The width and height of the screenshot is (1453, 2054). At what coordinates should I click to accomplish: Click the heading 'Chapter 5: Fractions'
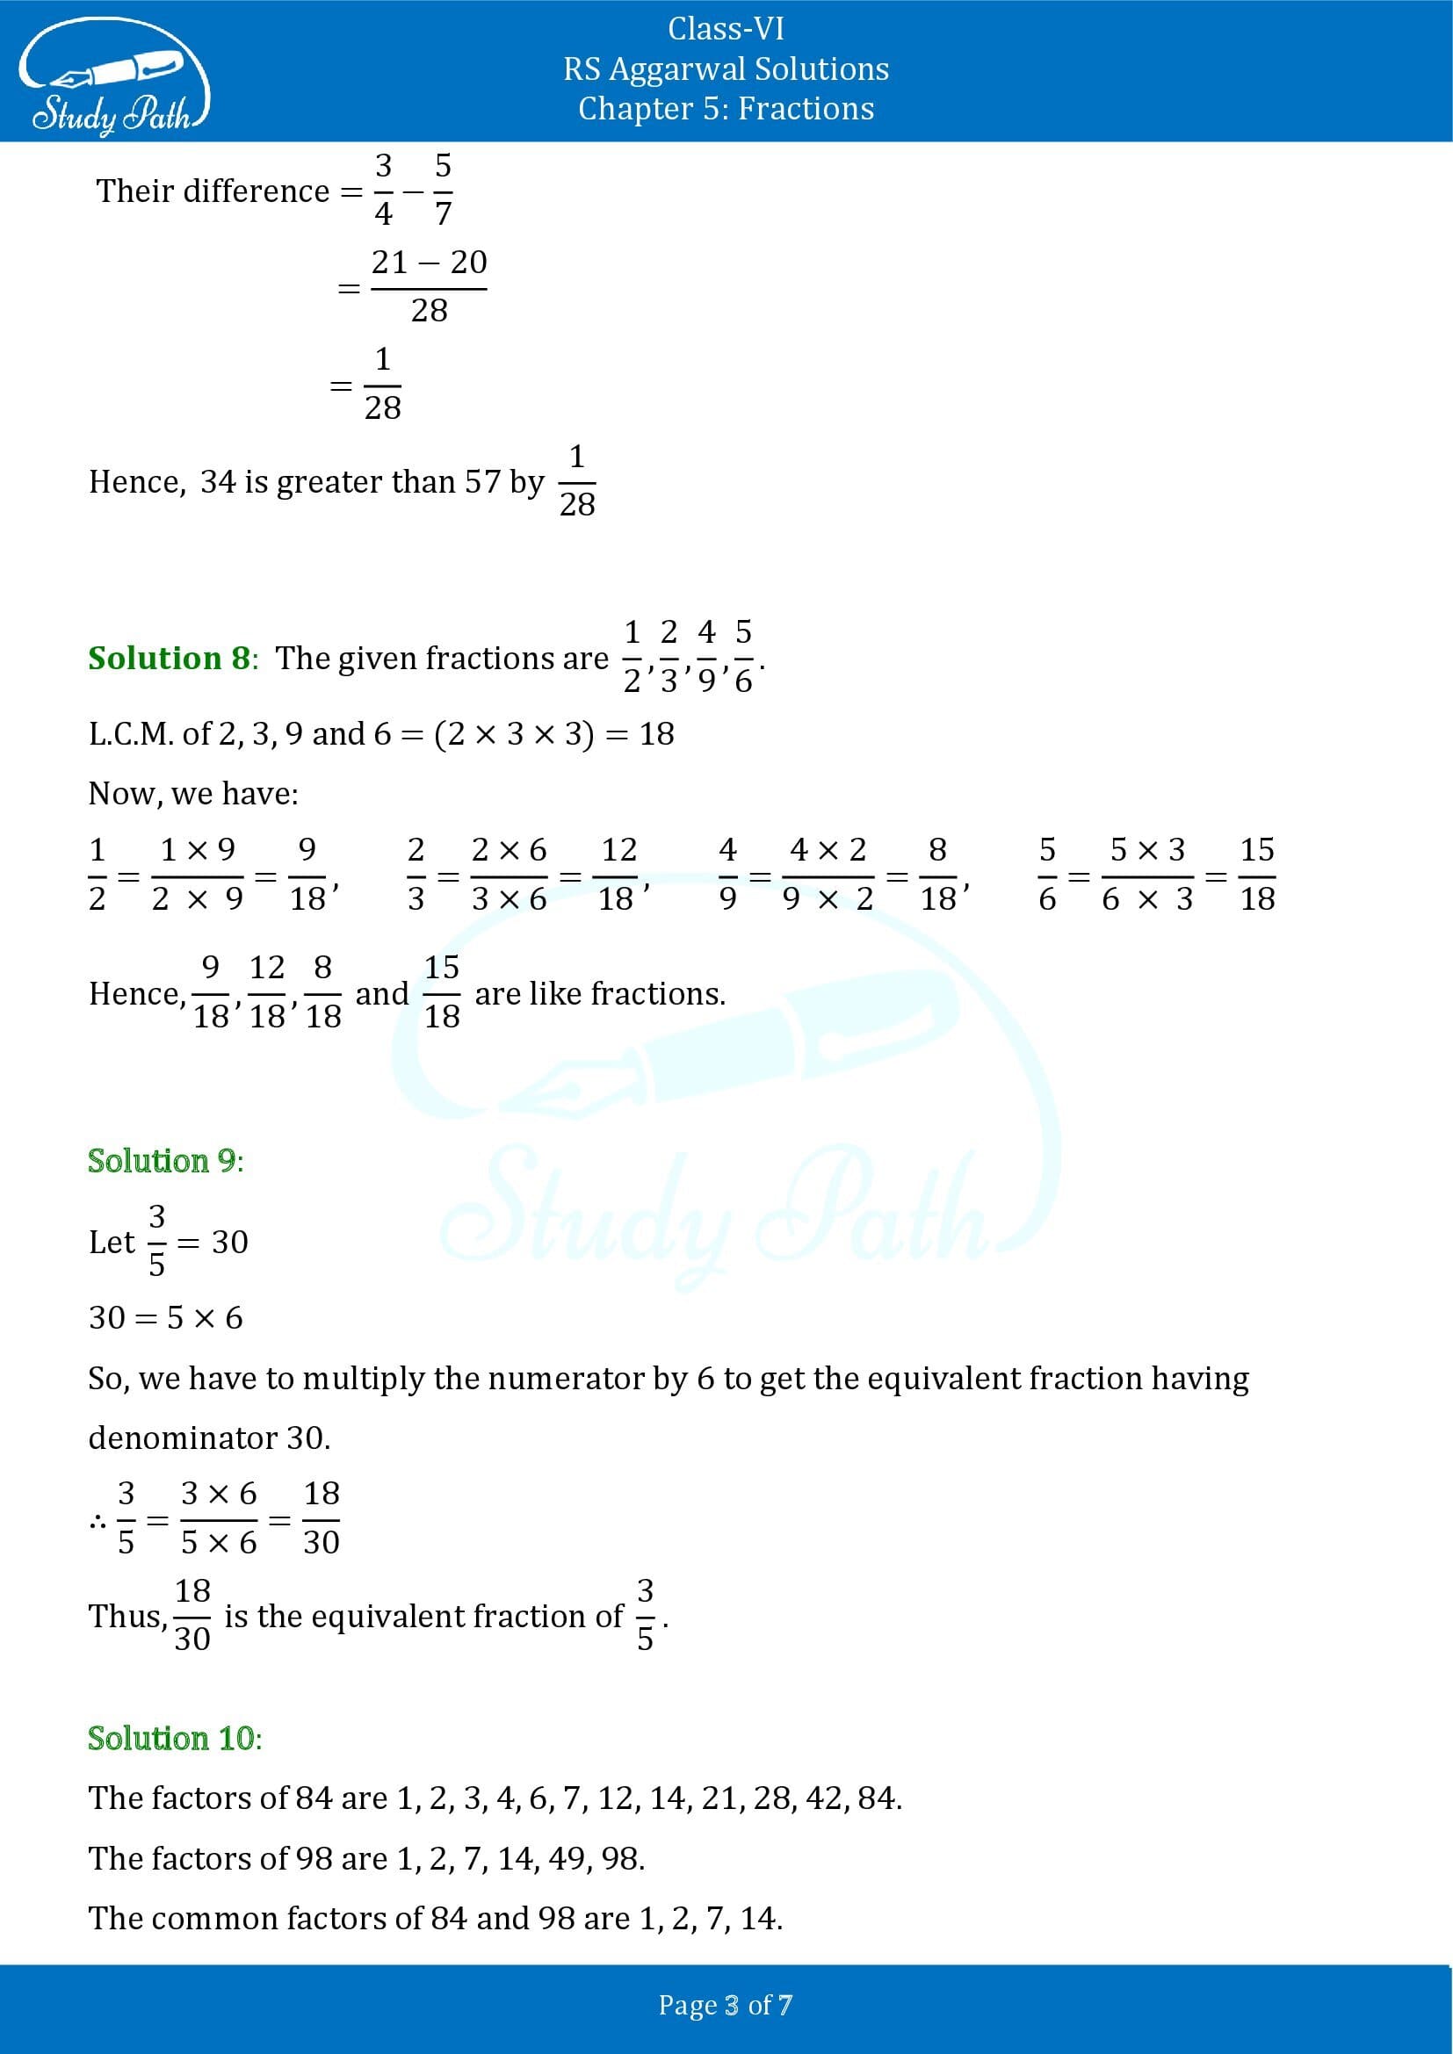click(x=726, y=109)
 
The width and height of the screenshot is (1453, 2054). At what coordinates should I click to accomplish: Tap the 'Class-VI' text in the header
click(x=726, y=29)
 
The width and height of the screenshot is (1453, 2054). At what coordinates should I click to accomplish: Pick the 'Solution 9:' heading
click(x=165, y=1160)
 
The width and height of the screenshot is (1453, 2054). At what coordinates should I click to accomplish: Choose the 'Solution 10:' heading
click(x=175, y=1737)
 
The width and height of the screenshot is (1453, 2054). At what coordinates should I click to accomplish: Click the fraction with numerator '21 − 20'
click(x=429, y=286)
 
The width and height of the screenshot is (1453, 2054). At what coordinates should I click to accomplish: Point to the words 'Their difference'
click(x=213, y=191)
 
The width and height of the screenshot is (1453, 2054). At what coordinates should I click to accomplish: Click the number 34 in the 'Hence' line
click(x=219, y=482)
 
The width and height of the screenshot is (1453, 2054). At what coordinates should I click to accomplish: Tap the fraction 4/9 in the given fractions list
click(x=707, y=656)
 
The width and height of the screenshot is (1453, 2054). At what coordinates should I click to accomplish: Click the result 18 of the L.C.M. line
click(x=657, y=734)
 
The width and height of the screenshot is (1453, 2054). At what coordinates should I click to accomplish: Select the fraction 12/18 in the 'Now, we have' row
click(x=618, y=874)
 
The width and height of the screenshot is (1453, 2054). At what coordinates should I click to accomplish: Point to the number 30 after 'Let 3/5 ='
click(x=230, y=1242)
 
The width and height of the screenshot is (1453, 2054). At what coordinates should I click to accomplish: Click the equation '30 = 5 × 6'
click(x=165, y=1318)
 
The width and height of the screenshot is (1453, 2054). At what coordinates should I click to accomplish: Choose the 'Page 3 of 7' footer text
click(x=726, y=2005)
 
